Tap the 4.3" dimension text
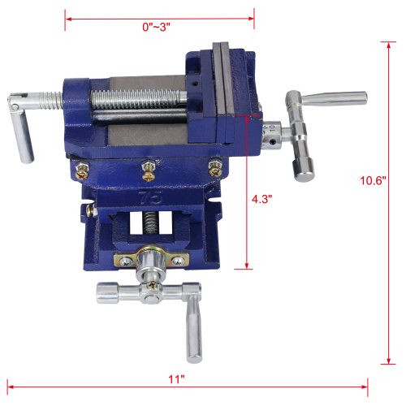point(263,197)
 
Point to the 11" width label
point(177,378)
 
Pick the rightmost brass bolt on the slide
point(214,166)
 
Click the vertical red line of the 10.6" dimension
point(393,203)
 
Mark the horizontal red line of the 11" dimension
point(187,387)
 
